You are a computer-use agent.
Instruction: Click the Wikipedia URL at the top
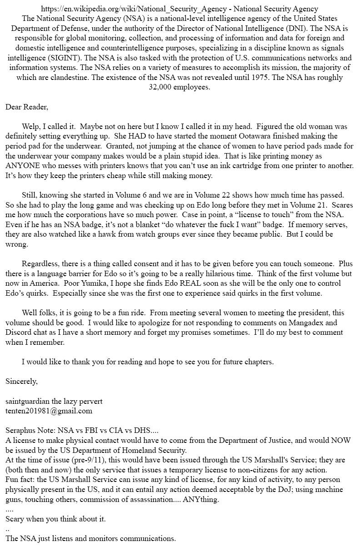pos(135,9)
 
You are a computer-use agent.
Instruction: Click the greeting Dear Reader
pos(26,107)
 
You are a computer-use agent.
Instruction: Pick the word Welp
pos(31,127)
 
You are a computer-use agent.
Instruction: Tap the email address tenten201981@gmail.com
pos(49,411)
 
